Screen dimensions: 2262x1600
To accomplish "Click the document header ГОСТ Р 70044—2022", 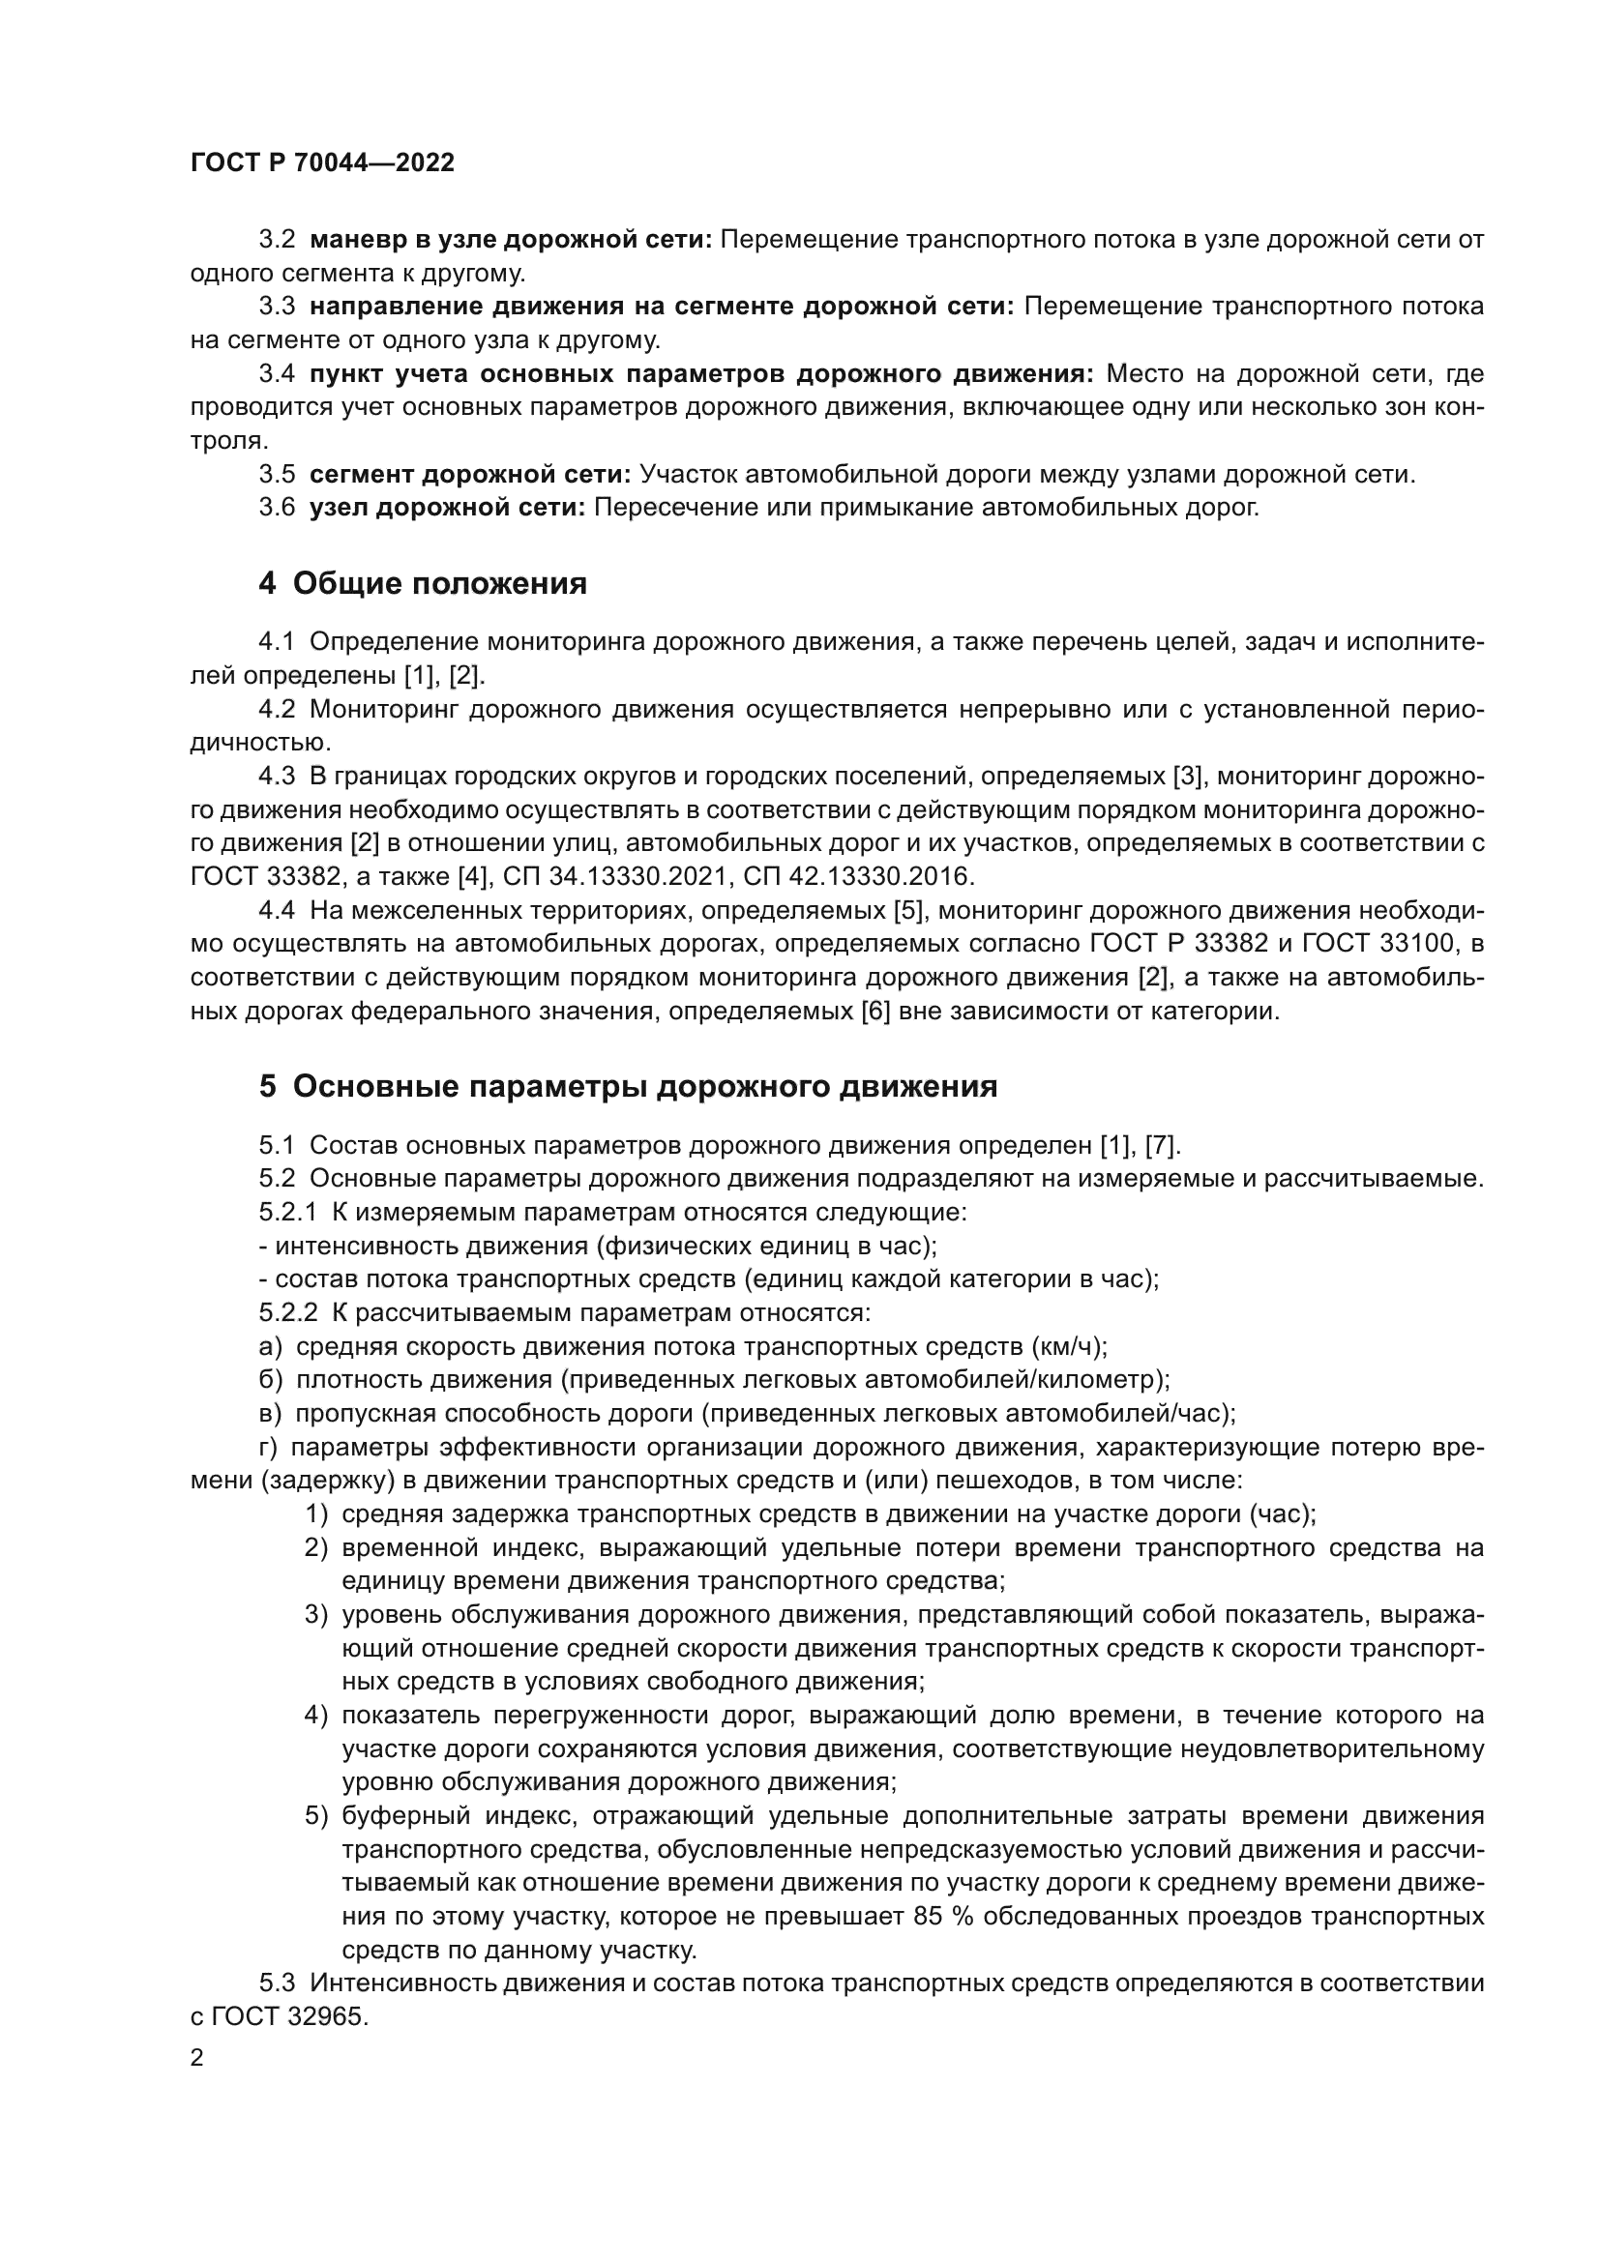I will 322,163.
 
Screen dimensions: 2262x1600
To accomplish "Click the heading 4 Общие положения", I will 423,584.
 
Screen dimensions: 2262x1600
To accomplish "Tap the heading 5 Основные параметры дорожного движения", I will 628,1087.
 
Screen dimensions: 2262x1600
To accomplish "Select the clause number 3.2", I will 277,240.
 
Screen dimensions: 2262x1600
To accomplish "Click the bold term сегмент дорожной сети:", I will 470,475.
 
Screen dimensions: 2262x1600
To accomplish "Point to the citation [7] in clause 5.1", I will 1162,1146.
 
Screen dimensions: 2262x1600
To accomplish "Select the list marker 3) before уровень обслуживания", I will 315,1615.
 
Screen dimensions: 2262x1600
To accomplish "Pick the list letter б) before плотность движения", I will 271,1380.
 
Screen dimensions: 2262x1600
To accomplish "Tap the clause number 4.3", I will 277,777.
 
